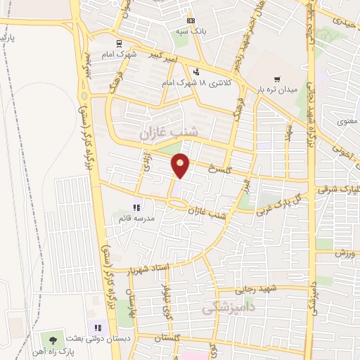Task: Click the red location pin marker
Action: pos(181,165)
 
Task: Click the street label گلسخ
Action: pos(220,169)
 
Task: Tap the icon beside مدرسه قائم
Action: pos(136,207)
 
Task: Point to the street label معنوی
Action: pos(348,120)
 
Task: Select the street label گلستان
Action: pos(185,337)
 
